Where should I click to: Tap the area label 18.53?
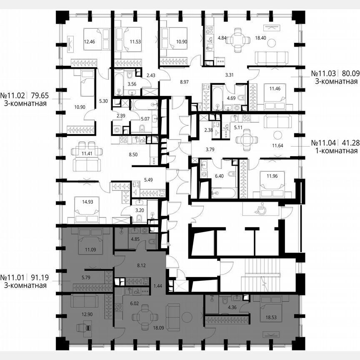click(265, 317)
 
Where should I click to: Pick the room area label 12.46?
click(90, 42)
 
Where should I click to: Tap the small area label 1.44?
click(157, 285)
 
